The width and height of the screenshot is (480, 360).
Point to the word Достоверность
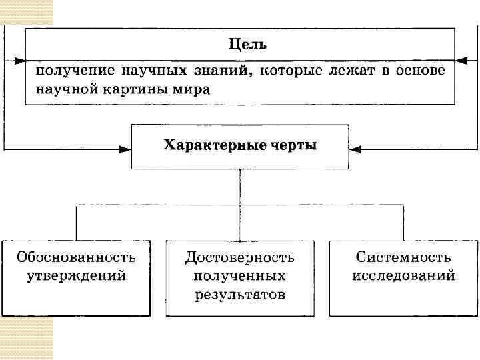tap(240, 257)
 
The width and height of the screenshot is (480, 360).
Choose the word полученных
tap(240, 275)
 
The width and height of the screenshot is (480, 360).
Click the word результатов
tap(240, 293)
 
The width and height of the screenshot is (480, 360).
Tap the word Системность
tap(403, 257)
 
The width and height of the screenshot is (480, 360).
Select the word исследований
tap(403, 275)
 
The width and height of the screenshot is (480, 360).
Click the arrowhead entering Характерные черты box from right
tap(355, 149)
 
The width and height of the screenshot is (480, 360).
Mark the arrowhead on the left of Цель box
tap(19, 60)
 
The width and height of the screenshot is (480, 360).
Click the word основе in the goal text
tap(420, 71)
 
